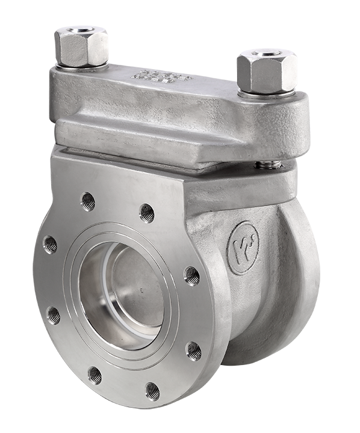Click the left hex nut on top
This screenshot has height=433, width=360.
pos(81,47)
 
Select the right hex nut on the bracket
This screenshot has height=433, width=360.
pos(267,72)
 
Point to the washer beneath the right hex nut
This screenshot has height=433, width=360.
pos(267,94)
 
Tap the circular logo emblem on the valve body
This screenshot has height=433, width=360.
pos(243,247)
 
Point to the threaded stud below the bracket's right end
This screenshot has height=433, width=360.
pos(266,164)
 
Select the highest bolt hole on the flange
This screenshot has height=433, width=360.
pos(88,201)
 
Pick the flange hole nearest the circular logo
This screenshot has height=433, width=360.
pos(191,275)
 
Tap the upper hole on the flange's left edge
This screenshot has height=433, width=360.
pos(50,244)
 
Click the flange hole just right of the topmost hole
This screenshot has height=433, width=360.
pos(146,212)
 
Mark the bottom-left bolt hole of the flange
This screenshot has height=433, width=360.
pos(95,375)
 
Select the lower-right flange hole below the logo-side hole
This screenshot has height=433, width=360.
pos(193,351)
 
